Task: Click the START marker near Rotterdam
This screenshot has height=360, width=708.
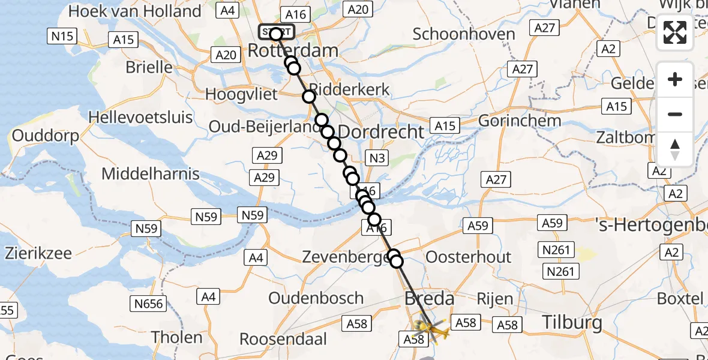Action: click(x=276, y=32)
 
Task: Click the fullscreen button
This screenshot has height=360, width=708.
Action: click(x=675, y=32)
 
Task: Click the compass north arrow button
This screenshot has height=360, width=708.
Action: click(x=675, y=149)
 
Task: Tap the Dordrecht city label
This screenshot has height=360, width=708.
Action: click(x=381, y=131)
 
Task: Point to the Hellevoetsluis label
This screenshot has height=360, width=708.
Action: click(x=140, y=116)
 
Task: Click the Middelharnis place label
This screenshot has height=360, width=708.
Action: click(x=151, y=174)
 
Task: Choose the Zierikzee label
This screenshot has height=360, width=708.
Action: click(x=38, y=253)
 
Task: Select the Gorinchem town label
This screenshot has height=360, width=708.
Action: click(x=520, y=121)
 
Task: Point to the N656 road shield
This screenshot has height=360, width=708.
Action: click(x=149, y=304)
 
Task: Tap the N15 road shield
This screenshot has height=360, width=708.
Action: click(x=62, y=37)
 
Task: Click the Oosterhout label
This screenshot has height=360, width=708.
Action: click(x=469, y=257)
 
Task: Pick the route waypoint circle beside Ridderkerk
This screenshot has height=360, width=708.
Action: click(x=309, y=97)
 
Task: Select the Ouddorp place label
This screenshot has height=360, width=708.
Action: click(x=46, y=136)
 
